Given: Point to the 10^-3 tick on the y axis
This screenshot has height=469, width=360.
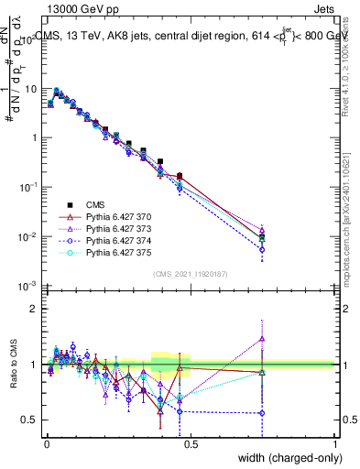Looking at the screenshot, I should [27, 286].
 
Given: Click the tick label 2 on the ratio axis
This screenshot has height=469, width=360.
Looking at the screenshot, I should [34, 309].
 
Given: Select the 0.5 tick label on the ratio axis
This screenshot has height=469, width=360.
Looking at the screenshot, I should [29, 420].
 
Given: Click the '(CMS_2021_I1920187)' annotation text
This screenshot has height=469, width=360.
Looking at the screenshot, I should [191, 274].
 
